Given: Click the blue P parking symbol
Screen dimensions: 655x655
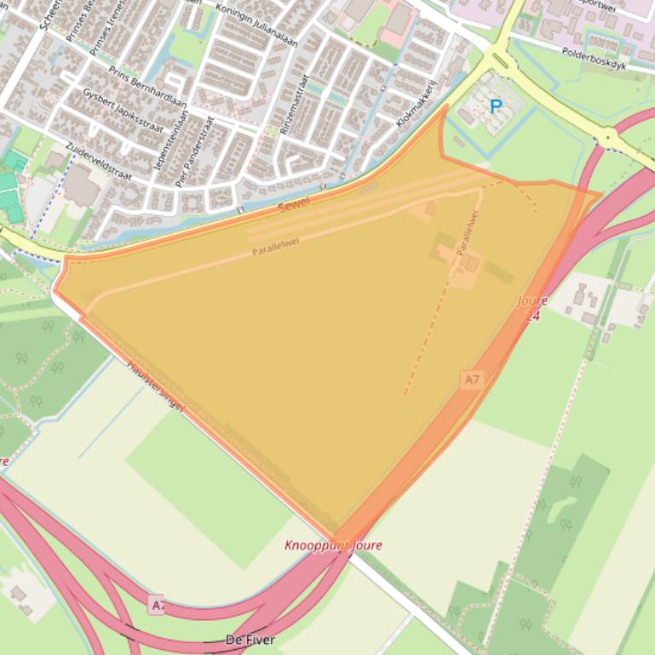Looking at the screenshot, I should tap(495, 107).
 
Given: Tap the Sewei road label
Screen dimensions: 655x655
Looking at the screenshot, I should tap(295, 204).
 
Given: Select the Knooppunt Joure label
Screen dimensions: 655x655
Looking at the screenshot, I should tap(333, 545).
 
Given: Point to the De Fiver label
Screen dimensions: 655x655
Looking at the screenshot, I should tap(250, 640).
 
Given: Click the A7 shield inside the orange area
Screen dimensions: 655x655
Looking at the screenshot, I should tap(471, 379).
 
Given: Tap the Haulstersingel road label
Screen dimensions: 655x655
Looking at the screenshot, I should tap(156, 385).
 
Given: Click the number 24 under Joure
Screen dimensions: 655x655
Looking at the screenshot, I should tap(532, 316).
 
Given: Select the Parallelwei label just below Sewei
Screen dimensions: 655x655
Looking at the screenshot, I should tap(276, 247).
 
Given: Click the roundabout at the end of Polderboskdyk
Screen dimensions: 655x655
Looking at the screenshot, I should tap(607, 136).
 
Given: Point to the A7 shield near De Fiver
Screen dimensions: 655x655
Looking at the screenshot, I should tap(156, 605).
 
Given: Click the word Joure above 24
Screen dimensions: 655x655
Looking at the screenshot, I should tap(532, 301).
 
